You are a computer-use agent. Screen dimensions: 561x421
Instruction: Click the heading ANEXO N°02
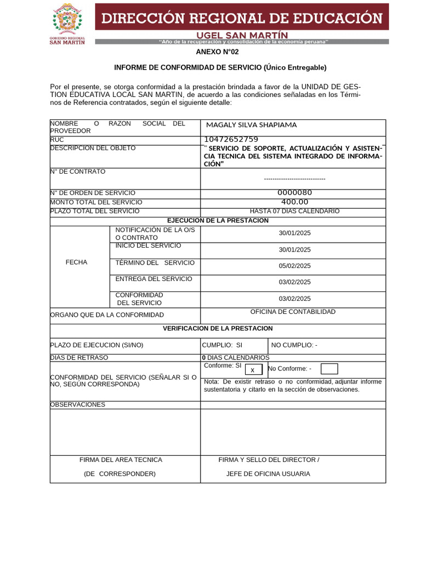click(218, 52)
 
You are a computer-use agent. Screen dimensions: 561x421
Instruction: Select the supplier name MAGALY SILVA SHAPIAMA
click(251, 125)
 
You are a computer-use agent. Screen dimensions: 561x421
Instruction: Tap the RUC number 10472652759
click(231, 140)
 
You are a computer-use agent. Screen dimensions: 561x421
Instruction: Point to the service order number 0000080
click(294, 192)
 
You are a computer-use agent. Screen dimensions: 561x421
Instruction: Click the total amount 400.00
click(294, 202)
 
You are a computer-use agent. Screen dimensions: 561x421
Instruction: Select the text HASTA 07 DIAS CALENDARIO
click(294, 211)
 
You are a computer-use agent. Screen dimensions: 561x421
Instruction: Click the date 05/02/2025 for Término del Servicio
click(294, 266)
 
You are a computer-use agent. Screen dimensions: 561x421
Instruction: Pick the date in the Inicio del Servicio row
click(294, 249)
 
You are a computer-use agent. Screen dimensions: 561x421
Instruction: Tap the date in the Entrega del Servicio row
click(294, 282)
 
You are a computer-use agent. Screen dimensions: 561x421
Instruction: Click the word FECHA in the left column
click(76, 262)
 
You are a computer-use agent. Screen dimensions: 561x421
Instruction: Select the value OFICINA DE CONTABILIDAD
click(293, 312)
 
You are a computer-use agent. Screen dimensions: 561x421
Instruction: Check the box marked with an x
click(253, 370)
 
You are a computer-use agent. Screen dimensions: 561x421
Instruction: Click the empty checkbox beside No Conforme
click(329, 369)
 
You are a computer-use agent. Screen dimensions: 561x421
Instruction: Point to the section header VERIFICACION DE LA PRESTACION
click(218, 329)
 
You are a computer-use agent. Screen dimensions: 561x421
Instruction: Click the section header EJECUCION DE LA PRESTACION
click(218, 220)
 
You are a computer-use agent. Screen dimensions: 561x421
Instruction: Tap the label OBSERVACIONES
click(77, 405)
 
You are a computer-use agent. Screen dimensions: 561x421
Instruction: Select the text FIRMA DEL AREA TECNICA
click(121, 460)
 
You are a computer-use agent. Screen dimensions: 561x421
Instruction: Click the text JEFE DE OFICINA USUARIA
click(268, 474)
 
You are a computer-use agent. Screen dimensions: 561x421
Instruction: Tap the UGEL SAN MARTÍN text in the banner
click(242, 34)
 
